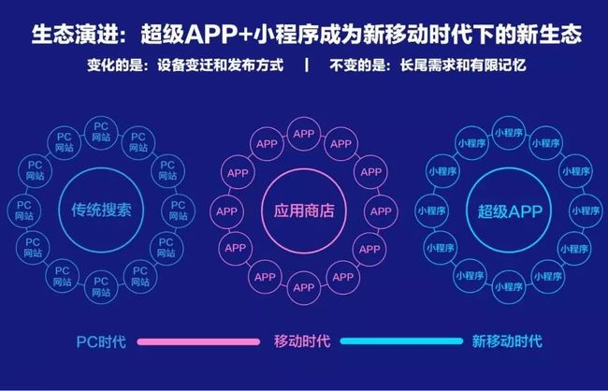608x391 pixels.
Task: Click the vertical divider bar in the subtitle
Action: (x=307, y=65)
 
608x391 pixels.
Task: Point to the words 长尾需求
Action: (x=427, y=65)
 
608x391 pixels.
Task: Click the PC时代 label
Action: (x=101, y=342)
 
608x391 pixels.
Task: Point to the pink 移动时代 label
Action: (x=302, y=341)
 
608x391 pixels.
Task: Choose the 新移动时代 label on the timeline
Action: (x=507, y=341)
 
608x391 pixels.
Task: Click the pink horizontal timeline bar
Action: (x=198, y=341)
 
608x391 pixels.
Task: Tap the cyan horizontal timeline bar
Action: (x=401, y=341)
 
